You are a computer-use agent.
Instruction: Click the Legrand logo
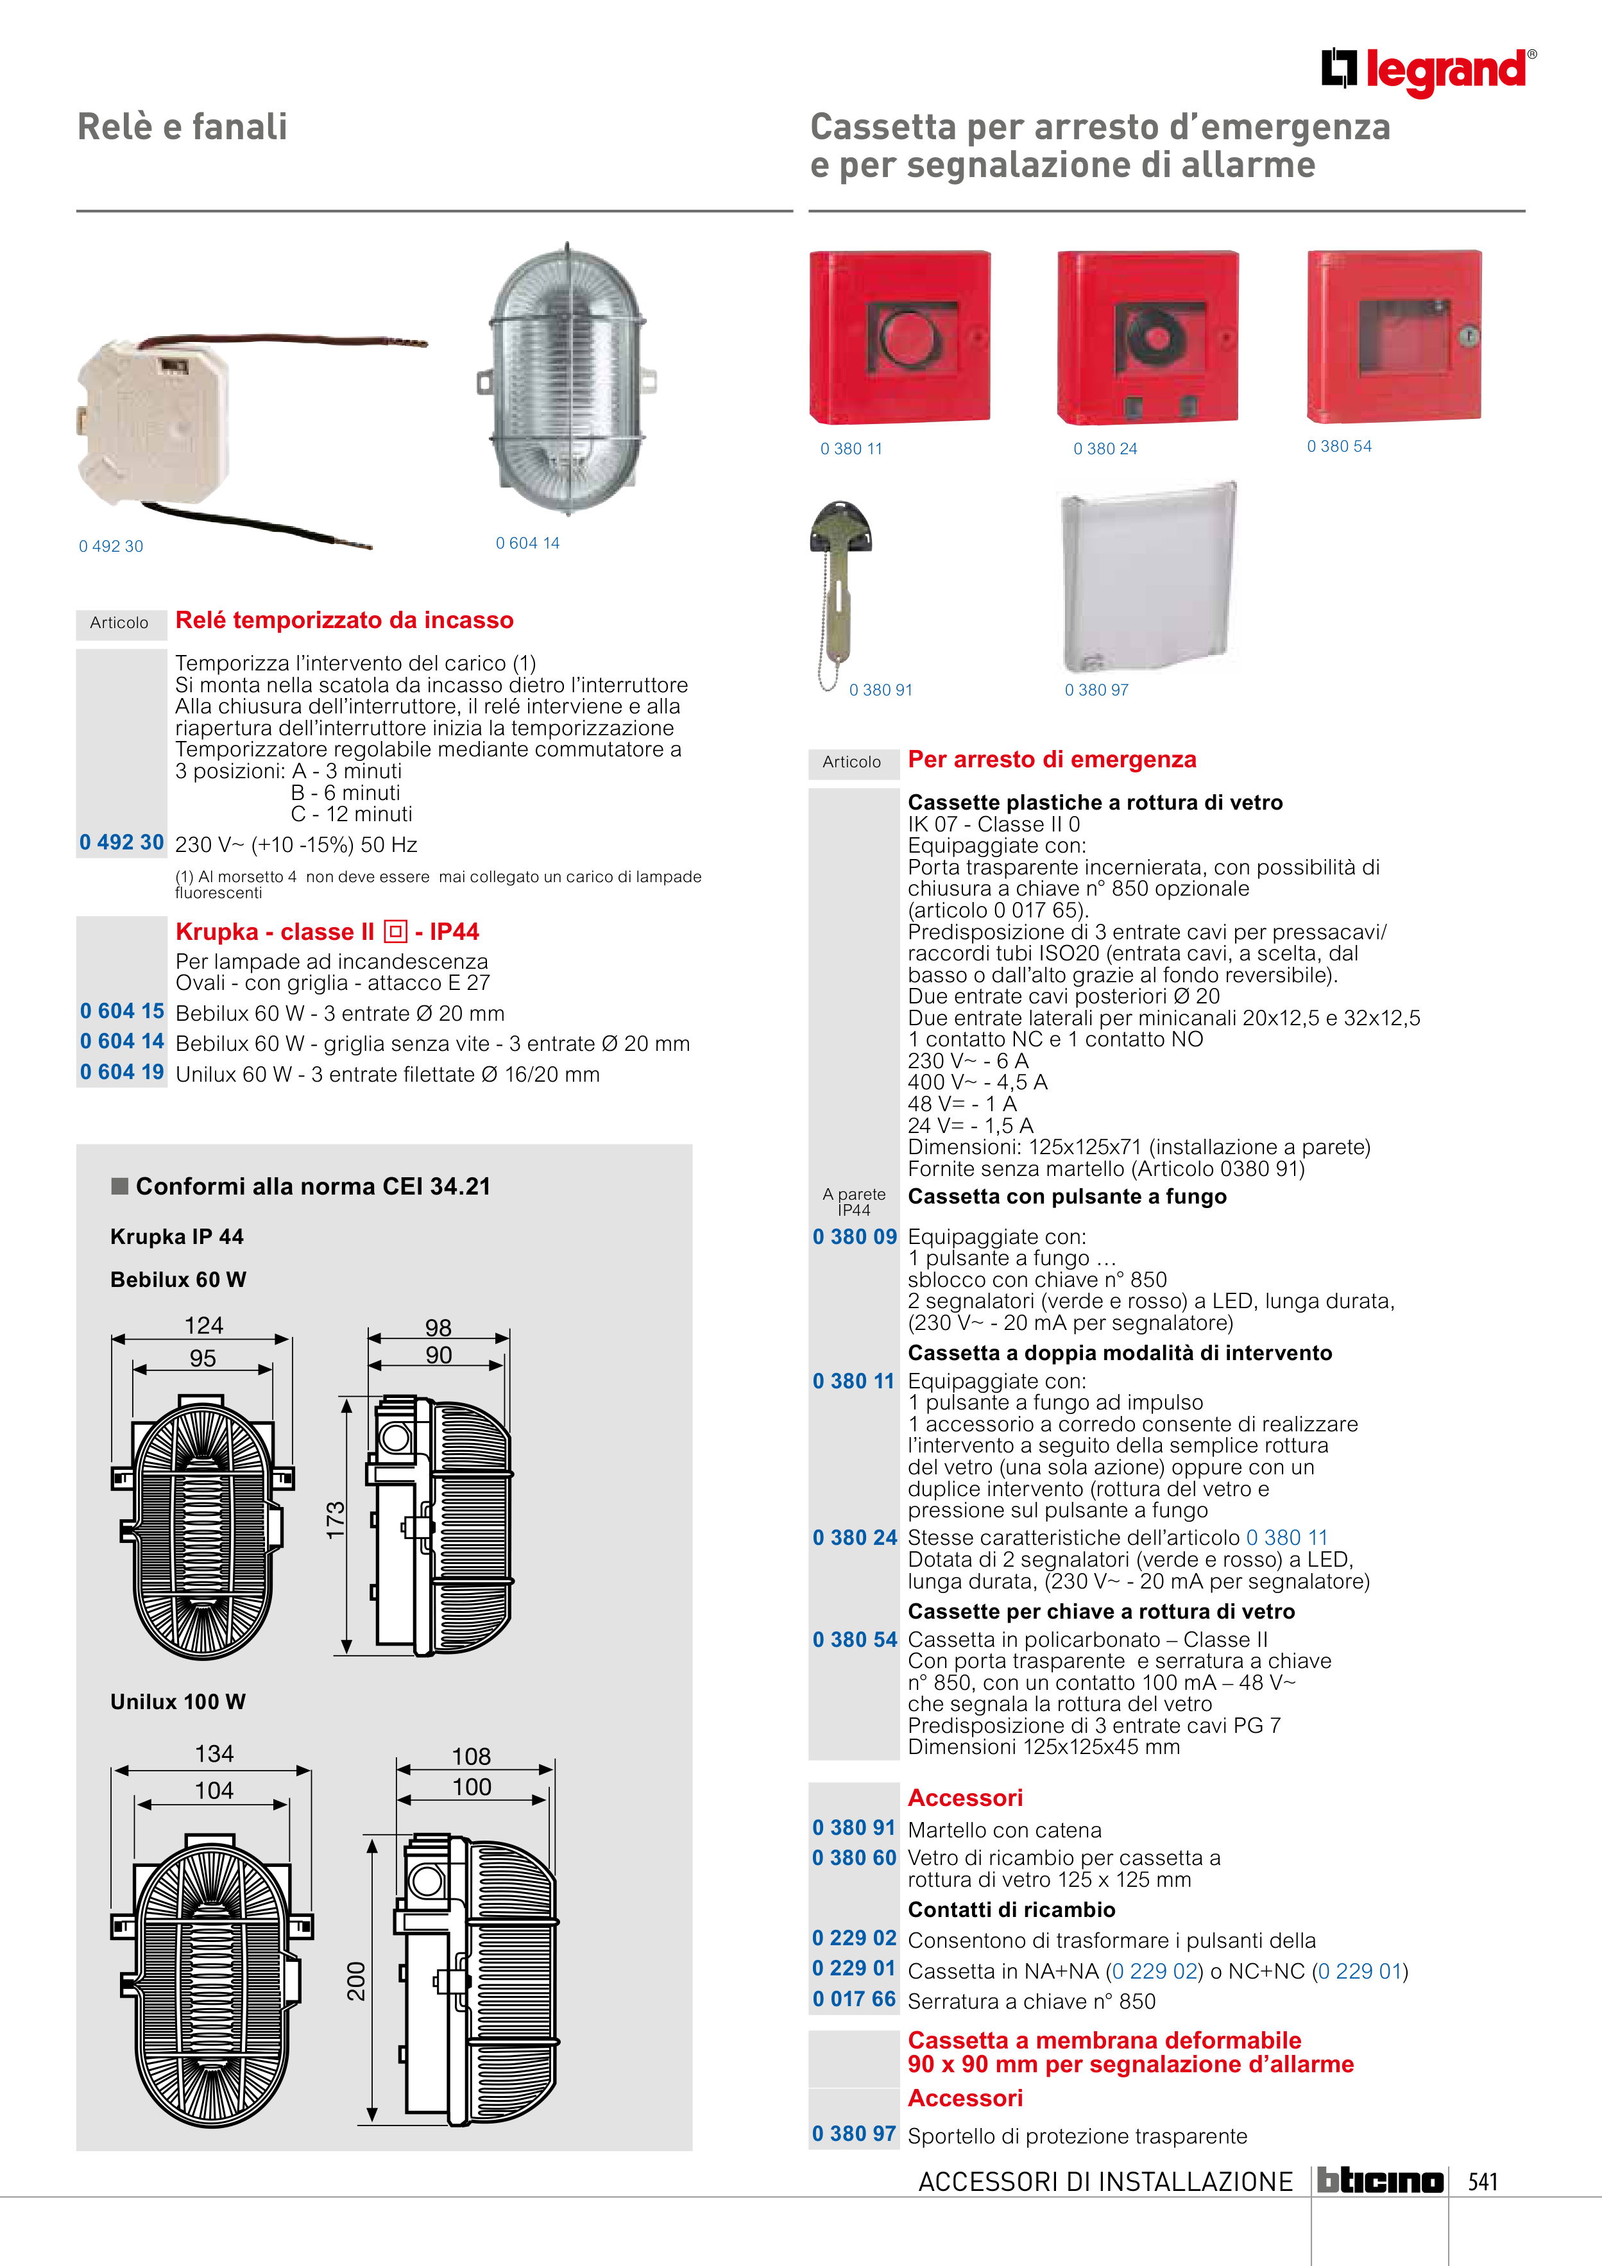pos(1427,71)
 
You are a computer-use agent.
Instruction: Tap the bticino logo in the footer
pos(1380,2180)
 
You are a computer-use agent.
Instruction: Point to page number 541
pos(1483,2181)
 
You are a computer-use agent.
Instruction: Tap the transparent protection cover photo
pos(1148,576)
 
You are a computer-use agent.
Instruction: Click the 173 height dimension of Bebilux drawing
pos(336,1520)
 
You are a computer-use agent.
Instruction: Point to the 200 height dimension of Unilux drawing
pos(356,1981)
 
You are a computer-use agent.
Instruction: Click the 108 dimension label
pos(471,1757)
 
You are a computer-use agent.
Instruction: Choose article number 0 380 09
pos(855,1237)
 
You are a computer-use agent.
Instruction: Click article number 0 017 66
pos(854,1998)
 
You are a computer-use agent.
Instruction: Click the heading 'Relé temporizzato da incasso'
pos(345,620)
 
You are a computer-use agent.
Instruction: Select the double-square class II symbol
pos(395,932)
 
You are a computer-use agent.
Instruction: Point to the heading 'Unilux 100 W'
pos(178,1701)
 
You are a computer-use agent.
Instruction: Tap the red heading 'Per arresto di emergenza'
pos(1052,759)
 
